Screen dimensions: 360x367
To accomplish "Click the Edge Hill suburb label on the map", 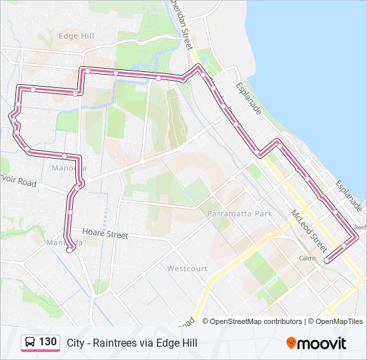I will point(76,36).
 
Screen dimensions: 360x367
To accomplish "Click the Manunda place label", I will point(65,243).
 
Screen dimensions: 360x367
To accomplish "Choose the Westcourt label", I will point(187,269).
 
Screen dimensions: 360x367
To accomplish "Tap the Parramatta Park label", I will point(240,214).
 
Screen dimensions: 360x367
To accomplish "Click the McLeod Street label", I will point(308,229).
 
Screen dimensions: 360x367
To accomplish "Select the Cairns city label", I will point(308,258).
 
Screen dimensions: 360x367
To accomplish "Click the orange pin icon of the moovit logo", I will point(291,343).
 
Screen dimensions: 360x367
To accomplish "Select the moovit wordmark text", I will point(322,343).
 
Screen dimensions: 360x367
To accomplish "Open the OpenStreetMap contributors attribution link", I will point(256,321).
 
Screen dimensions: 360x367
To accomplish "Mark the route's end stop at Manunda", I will point(69,250).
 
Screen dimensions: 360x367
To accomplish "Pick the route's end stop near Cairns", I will point(327,260).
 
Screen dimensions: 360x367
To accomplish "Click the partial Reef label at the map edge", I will point(360,227).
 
